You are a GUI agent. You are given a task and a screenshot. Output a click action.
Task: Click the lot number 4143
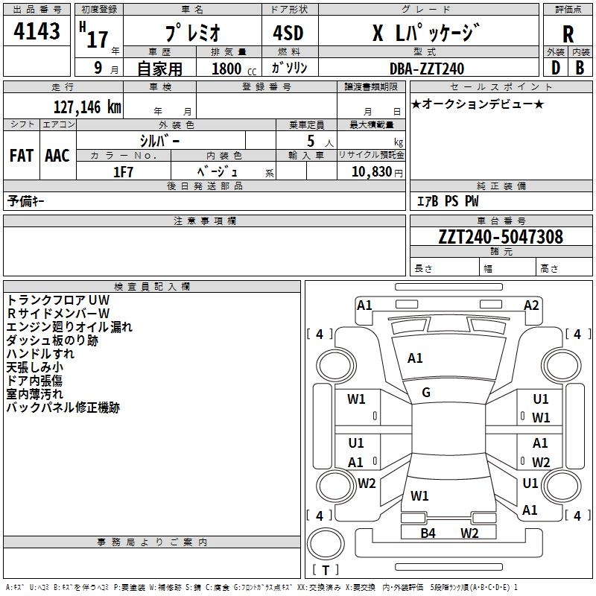(37, 31)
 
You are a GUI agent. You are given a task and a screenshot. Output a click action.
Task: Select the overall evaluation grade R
(568, 34)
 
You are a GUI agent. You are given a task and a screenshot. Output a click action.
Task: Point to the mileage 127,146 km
(86, 106)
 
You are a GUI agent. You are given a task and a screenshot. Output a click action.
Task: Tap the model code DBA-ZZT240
(427, 69)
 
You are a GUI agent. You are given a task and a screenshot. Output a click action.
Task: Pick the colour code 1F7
(123, 171)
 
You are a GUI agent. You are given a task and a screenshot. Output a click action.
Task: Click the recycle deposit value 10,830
(370, 171)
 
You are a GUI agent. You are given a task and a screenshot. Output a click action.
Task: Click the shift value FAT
(21, 156)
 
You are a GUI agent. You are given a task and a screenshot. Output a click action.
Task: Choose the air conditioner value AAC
(57, 156)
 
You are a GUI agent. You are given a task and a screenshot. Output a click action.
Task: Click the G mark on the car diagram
(425, 393)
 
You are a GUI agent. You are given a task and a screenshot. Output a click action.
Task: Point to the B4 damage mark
(428, 533)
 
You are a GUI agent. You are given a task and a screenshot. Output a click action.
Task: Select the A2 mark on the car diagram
(531, 305)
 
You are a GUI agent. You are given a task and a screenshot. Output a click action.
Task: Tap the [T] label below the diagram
(325, 570)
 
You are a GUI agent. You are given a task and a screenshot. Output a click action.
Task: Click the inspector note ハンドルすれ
(40, 353)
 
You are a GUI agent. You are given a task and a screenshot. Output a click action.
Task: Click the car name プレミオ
(191, 34)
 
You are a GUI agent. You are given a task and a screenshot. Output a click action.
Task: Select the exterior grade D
(555, 69)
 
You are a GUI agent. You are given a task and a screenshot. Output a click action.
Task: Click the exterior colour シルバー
(159, 140)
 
